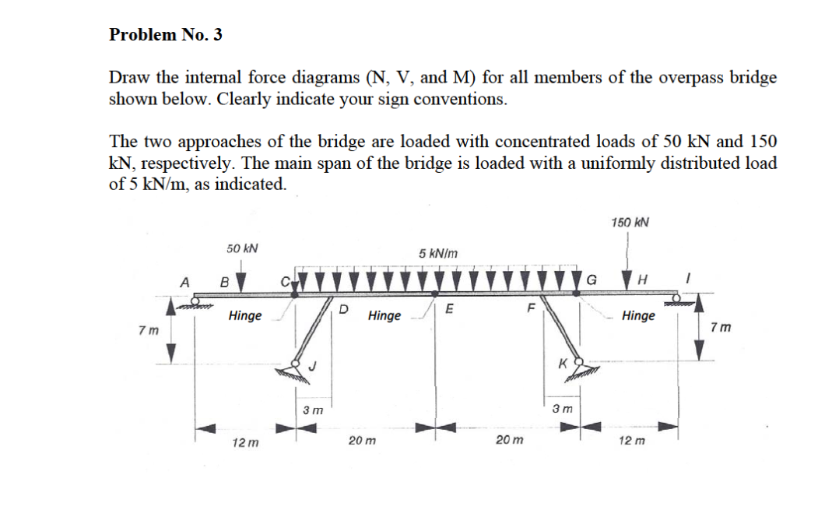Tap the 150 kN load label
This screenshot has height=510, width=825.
point(630,223)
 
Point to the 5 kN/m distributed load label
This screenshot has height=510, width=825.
point(438,253)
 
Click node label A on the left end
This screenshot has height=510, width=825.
point(185,282)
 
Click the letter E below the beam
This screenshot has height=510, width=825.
point(450,308)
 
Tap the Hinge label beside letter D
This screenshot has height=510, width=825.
point(384,315)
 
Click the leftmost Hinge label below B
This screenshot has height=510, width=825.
point(245,315)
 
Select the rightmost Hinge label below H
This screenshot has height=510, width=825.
point(638,315)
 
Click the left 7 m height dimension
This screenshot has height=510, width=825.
point(144,329)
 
